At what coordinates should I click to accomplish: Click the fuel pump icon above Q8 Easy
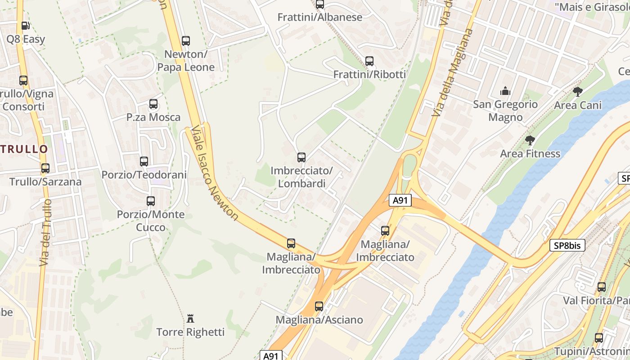pyautogui.click(x=26, y=26)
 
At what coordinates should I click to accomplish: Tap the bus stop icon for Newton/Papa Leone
pyautogui.click(x=186, y=41)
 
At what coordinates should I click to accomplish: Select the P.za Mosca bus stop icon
pyautogui.click(x=153, y=104)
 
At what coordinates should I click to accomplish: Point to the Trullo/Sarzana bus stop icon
pyautogui.click(x=45, y=168)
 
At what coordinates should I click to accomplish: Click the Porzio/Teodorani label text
pyautogui.click(x=144, y=175)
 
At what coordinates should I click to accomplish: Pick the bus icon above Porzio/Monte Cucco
pyautogui.click(x=151, y=201)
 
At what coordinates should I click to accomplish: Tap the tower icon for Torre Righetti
pyautogui.click(x=190, y=319)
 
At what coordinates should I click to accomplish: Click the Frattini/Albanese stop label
pyautogui.click(x=319, y=18)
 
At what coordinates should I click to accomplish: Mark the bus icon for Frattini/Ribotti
pyautogui.click(x=369, y=61)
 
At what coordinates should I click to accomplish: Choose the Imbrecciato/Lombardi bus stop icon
pyautogui.click(x=301, y=157)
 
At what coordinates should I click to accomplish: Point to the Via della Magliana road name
pyautogui.click(x=452, y=72)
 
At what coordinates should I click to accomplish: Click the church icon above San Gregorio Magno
pyautogui.click(x=505, y=91)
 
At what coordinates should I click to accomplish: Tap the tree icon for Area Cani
pyautogui.click(x=578, y=92)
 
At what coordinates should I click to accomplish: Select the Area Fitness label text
pyautogui.click(x=530, y=154)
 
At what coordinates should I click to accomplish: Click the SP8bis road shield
pyautogui.click(x=567, y=246)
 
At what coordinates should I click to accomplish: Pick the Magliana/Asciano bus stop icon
pyautogui.click(x=319, y=306)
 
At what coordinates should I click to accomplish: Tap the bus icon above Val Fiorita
pyautogui.click(x=602, y=287)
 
